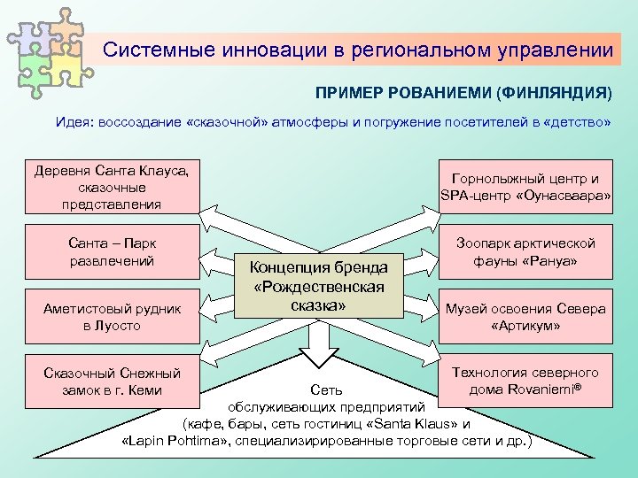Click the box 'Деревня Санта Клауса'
[x=113, y=186]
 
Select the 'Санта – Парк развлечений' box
[x=113, y=251]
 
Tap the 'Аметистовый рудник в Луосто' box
[x=113, y=316]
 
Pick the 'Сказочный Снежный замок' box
[x=113, y=382]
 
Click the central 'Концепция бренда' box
[x=318, y=287]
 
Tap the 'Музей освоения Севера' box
[x=525, y=317]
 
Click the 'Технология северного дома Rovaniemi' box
[x=525, y=382]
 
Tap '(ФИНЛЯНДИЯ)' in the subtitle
[x=554, y=93]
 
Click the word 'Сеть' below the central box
[x=326, y=390]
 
